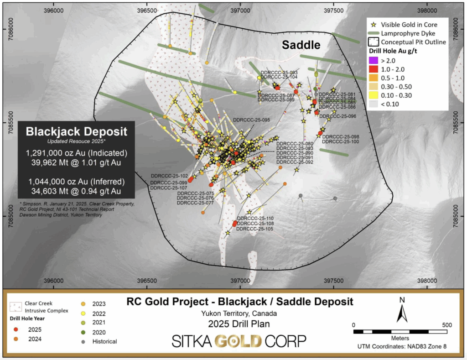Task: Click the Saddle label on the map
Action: tap(301, 45)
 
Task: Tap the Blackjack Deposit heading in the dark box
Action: tap(76, 132)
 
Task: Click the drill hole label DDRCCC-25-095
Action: tap(251, 120)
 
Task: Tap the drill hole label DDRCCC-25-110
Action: tap(255, 218)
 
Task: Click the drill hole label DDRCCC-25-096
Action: tap(337, 116)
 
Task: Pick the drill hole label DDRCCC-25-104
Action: tap(279, 78)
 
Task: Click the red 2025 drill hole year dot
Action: tap(16, 329)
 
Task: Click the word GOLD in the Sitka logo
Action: tap(239, 341)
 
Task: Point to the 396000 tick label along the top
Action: tap(53, 10)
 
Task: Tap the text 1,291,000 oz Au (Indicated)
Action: tap(76, 152)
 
